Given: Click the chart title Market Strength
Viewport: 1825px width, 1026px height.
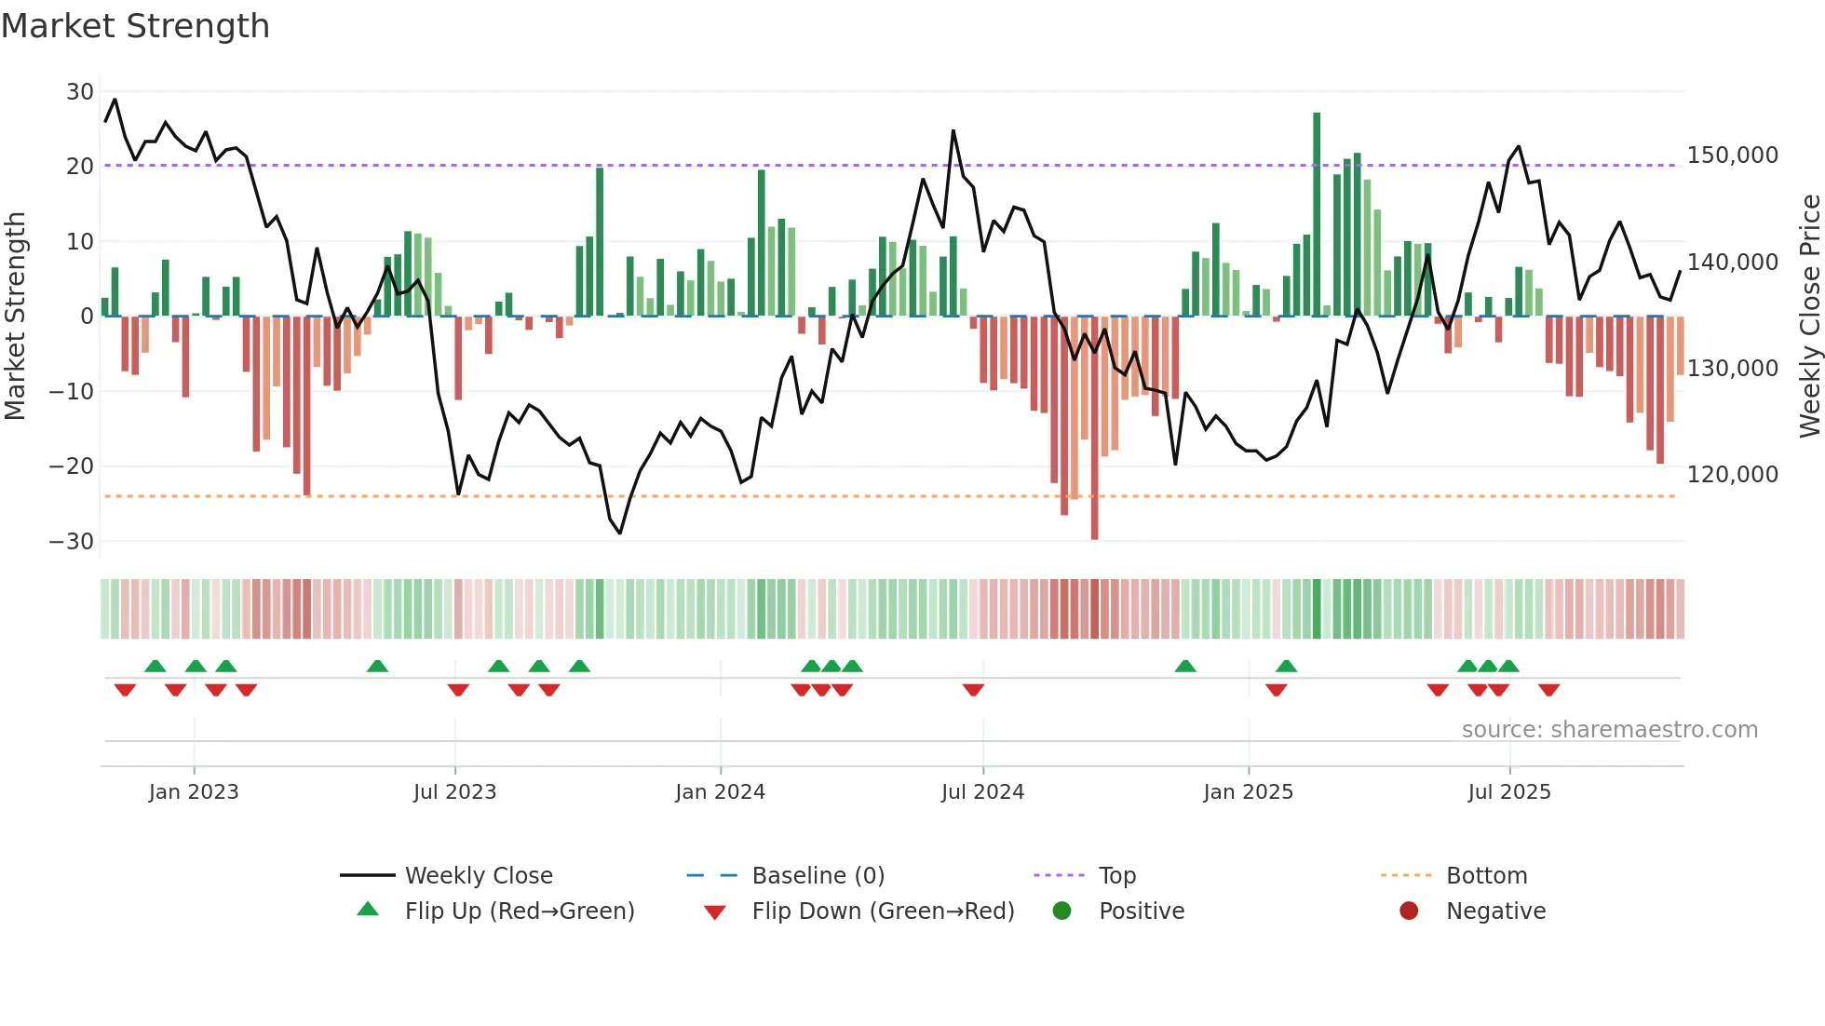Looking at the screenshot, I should [x=135, y=26].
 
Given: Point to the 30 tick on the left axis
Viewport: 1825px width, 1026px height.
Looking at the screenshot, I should [x=80, y=92].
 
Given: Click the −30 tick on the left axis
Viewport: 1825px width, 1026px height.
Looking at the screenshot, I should [x=72, y=542].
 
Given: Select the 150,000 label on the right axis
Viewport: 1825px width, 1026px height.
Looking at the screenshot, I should [x=1732, y=155].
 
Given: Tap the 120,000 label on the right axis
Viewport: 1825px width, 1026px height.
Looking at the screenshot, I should [x=1732, y=475].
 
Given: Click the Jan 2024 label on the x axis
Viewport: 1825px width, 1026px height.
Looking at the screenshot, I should [x=720, y=792].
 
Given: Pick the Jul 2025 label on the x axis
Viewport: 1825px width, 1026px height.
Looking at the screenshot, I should [x=1508, y=792].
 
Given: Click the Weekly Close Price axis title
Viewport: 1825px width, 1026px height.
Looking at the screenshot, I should [x=1809, y=317].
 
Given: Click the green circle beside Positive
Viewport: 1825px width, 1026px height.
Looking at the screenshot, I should [x=1061, y=911].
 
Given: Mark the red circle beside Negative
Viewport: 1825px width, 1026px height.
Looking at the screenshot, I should [x=1409, y=911].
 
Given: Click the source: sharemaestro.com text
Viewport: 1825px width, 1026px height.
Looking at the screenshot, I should [x=1609, y=730].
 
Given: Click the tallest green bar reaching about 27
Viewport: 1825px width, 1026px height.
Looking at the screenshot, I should [x=1317, y=214].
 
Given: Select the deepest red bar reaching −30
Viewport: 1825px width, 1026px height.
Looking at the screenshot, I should [x=1094, y=428].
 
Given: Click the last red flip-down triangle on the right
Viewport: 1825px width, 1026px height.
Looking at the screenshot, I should [x=1548, y=690].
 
